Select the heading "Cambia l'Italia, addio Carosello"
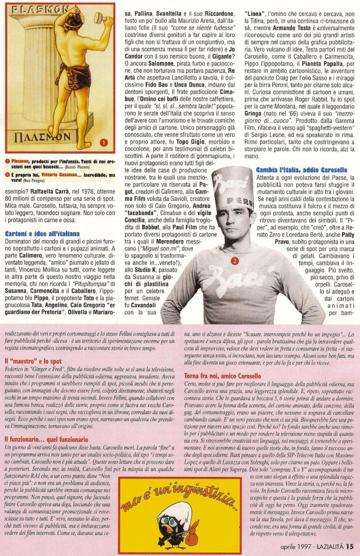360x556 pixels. (x=302, y=170)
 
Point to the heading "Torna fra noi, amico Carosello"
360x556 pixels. (x=222, y=376)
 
